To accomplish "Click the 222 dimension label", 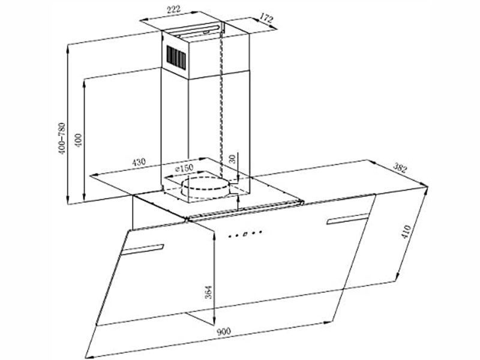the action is click(173, 9).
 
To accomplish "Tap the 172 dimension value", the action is click(266, 19).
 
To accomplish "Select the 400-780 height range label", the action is click(62, 139).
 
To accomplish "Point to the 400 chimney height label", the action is click(79, 140).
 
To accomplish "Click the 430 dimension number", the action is click(139, 161).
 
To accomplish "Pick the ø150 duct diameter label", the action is click(184, 168).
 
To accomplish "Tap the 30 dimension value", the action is click(232, 159).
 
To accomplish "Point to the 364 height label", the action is click(208, 292).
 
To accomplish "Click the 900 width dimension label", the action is click(223, 332).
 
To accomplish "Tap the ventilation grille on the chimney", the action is click(176, 56).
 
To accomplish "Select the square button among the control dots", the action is click(245, 234).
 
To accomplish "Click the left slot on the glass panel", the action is click(143, 250).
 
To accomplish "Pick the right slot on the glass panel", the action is click(347, 219).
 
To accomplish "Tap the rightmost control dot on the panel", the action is click(260, 232).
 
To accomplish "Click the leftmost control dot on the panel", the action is click(230, 236).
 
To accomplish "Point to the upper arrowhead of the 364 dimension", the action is click(214, 236).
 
